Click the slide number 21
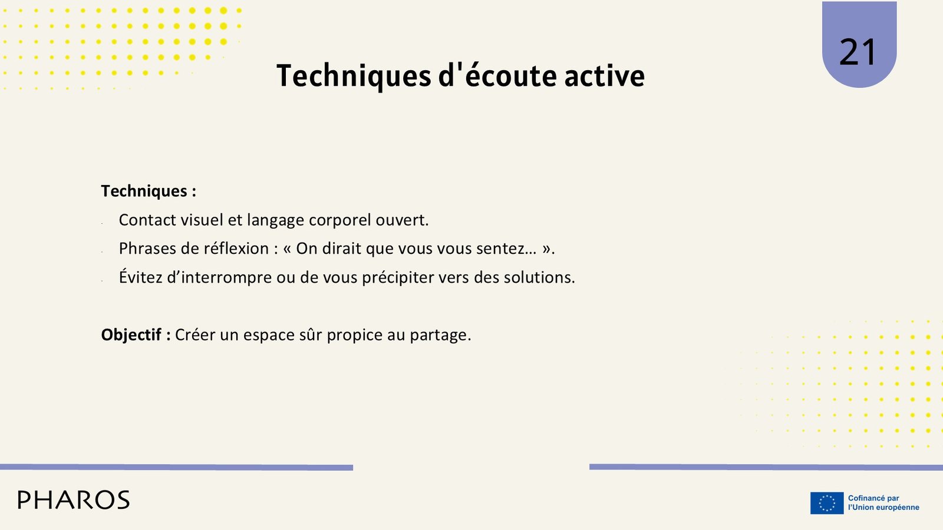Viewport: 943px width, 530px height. point(858,52)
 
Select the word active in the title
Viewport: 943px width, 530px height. point(605,76)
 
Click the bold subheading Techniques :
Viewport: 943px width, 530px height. point(149,191)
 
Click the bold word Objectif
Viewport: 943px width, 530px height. point(131,335)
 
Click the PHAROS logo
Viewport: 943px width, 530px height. point(74,500)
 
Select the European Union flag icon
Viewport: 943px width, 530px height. point(827,503)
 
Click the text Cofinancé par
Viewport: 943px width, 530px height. point(873,498)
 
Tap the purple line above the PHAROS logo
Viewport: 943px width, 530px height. point(176,468)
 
